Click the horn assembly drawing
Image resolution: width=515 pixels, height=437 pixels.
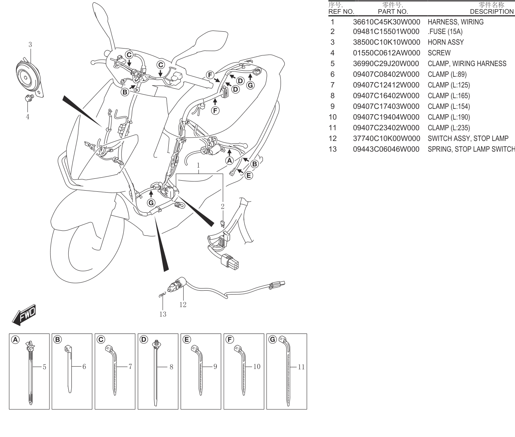(29, 77)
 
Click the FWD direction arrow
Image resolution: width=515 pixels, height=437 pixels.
(24, 315)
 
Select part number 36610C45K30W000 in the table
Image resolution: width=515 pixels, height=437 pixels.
(386, 22)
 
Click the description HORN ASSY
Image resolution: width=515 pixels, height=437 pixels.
(446, 42)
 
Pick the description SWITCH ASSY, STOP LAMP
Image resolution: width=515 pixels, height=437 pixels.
(468, 138)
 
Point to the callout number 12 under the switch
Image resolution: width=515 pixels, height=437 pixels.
(182, 304)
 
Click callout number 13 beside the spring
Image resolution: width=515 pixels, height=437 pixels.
(163, 314)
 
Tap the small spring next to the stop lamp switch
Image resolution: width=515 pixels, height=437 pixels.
(162, 295)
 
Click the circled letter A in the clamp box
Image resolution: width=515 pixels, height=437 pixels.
(15, 340)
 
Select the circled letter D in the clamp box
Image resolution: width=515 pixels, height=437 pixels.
(144, 340)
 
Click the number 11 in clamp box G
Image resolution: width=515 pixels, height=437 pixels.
(301, 367)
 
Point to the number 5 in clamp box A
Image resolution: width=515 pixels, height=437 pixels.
(44, 367)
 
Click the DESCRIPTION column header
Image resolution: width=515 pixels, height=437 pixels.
(492, 12)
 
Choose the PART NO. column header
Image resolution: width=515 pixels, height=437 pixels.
(393, 12)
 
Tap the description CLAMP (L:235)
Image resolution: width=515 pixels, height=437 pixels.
(449, 128)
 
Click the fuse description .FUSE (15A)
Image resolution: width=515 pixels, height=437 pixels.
(445, 32)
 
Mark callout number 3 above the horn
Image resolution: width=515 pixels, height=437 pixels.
(30, 45)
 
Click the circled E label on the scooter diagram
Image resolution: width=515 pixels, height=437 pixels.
(249, 175)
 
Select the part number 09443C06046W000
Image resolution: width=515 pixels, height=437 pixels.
(386, 149)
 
